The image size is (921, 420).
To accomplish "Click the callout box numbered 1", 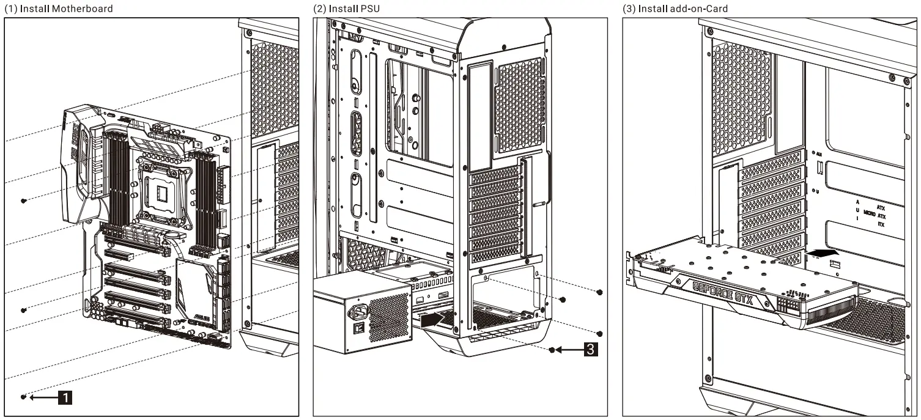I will (65, 398).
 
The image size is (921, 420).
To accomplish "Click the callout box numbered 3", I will (589, 350).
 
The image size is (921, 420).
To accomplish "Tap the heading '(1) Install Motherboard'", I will (59, 9).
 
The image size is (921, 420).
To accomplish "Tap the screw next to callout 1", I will (23, 397).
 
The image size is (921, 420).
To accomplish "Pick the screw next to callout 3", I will (552, 350).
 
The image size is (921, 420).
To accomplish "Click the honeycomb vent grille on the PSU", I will (389, 317).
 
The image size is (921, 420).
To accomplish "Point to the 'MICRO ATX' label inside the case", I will (874, 216).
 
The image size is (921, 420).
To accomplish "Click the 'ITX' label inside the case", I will (881, 225).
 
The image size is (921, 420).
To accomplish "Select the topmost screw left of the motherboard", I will (23, 201).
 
